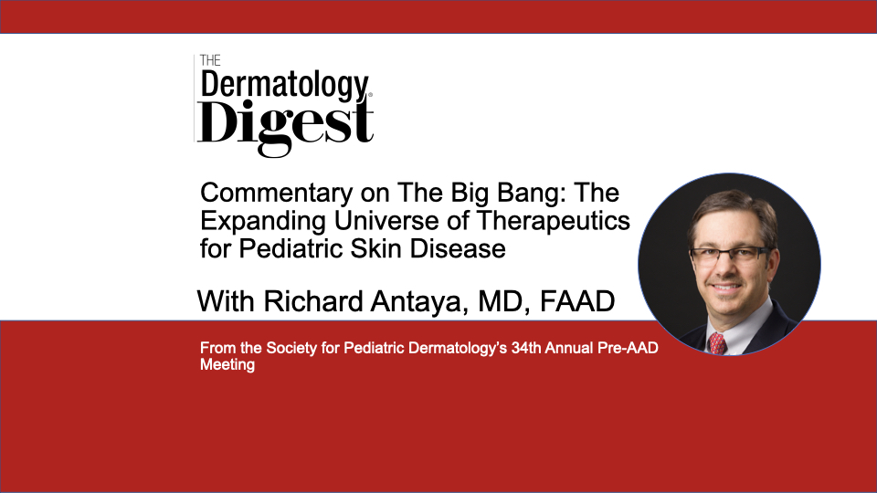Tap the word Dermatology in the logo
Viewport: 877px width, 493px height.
[x=285, y=86]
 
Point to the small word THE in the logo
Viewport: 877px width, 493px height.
[x=210, y=60]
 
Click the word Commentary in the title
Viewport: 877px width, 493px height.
[x=276, y=194]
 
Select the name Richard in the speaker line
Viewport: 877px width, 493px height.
[x=313, y=301]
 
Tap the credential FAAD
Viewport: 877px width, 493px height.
[x=577, y=301]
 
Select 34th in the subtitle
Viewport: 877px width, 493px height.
[x=526, y=348]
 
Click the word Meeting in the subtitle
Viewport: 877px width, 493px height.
[x=227, y=365]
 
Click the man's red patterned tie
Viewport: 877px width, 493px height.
[x=716, y=342]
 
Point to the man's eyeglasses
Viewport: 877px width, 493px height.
[x=731, y=256]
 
